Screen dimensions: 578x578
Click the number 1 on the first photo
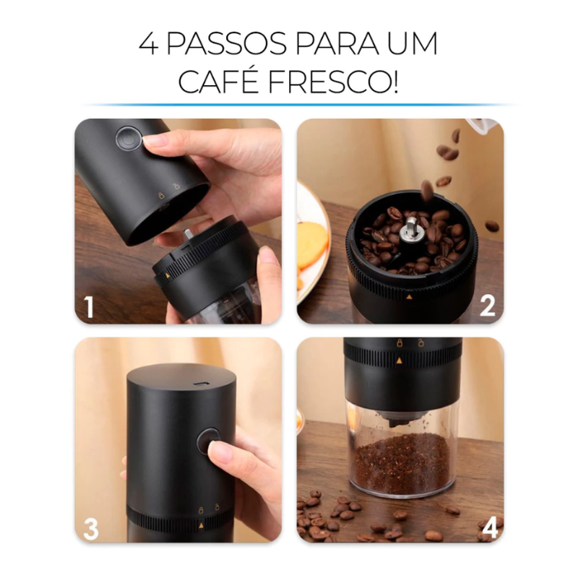[89, 308]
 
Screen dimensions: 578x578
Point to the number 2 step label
[488, 308]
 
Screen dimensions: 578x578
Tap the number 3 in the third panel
[90, 528]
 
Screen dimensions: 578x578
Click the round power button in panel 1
[129, 139]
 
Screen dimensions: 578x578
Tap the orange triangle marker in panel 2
[409, 296]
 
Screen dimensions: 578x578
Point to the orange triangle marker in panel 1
[168, 275]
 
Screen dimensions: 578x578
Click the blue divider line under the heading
[289, 105]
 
